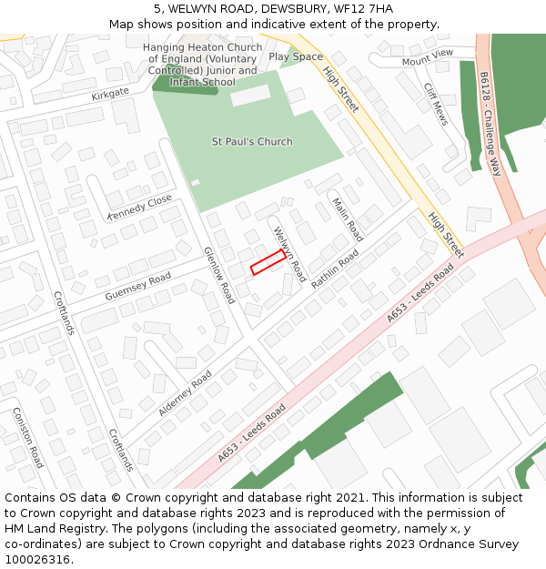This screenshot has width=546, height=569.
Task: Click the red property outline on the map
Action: click(x=268, y=262)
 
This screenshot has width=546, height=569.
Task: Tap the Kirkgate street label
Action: click(x=110, y=93)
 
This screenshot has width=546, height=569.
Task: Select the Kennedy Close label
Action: click(x=139, y=207)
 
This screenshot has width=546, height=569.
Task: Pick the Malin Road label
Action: click(x=348, y=219)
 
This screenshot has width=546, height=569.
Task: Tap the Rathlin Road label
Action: click(x=335, y=269)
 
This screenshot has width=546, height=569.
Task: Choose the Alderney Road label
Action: click(x=185, y=393)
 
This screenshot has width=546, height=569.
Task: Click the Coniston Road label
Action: click(x=27, y=437)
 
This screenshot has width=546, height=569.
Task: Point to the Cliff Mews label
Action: click(x=436, y=104)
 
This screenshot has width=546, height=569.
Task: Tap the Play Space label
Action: click(x=296, y=56)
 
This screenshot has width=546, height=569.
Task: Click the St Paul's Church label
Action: click(x=252, y=141)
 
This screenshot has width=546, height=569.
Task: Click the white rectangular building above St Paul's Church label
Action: click(x=250, y=95)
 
